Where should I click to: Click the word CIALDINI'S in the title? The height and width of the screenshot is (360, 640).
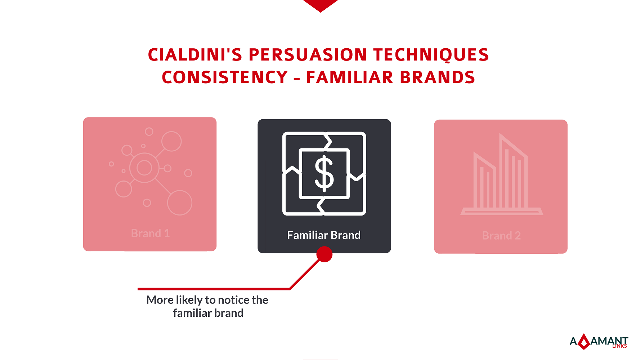coord(195,55)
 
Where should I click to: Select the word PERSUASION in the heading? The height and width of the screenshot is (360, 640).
coord(308,55)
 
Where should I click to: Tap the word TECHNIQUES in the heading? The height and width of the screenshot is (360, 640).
coord(431,55)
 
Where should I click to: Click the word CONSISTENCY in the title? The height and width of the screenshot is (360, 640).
coord(225,77)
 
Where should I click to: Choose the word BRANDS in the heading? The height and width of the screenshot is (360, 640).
coord(437,77)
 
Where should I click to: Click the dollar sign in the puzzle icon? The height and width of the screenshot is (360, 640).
coord(324,173)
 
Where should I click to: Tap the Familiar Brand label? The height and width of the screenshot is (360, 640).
coord(324,235)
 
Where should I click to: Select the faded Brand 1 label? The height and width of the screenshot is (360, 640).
coord(150,234)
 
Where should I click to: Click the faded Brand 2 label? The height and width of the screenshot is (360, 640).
coord(501,236)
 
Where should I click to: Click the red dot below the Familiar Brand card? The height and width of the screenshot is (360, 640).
coord(324,254)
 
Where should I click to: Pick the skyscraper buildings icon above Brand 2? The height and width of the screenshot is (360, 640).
coord(502,174)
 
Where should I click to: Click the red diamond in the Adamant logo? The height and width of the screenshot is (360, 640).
coord(584,342)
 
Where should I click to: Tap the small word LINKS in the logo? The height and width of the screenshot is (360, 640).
coord(619,346)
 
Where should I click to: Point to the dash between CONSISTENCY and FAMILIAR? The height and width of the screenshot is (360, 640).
coord(297,78)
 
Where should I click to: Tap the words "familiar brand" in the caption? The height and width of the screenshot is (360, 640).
coord(208,313)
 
